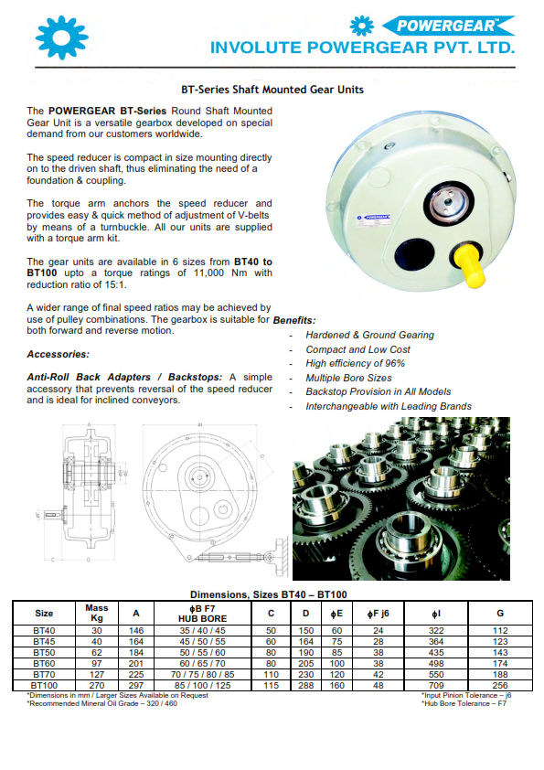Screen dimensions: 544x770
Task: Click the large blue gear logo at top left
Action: (x=62, y=38)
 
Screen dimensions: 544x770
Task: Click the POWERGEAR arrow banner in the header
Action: (x=448, y=26)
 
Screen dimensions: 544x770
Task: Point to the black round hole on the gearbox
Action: (x=415, y=254)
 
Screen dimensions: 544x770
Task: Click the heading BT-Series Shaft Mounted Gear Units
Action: (x=272, y=90)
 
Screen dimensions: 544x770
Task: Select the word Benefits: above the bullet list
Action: (x=294, y=320)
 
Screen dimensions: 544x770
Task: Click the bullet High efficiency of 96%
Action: (x=355, y=363)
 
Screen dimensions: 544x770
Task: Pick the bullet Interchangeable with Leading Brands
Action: (x=389, y=406)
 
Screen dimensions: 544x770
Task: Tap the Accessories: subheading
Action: (x=58, y=354)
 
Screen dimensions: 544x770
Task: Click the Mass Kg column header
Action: (x=97, y=613)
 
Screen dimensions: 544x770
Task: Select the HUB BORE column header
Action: (x=202, y=619)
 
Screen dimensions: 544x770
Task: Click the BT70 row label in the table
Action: (x=44, y=675)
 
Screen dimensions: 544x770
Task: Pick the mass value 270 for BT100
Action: (x=97, y=686)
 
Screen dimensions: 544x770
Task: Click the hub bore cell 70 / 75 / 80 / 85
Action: (x=202, y=675)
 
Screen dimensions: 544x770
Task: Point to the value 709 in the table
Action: (x=436, y=686)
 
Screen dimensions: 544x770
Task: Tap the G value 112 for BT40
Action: (x=500, y=630)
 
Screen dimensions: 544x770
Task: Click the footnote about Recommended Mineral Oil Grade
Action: (x=102, y=704)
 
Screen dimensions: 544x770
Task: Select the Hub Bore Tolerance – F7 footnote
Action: (x=464, y=704)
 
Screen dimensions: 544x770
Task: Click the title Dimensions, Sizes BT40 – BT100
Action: (x=269, y=594)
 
